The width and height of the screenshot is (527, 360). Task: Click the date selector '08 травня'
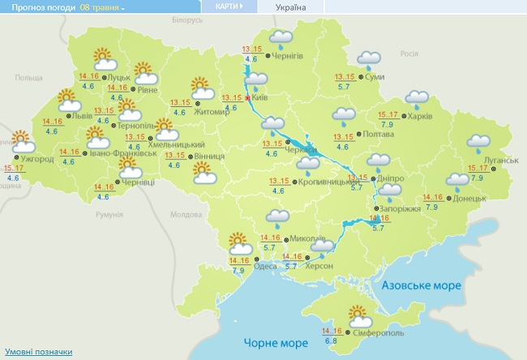point(103,6)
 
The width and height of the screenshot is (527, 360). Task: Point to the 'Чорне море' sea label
point(265,343)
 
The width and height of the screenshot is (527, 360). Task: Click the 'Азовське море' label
point(421,286)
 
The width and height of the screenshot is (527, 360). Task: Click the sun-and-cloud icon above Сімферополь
point(358,314)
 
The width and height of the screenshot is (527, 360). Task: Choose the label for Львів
point(82,116)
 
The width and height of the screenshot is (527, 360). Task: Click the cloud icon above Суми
point(370,59)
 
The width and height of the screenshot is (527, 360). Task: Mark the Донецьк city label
point(469,198)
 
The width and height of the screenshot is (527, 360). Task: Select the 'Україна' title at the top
point(291,6)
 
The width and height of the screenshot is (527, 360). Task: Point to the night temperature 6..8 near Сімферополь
point(331,341)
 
